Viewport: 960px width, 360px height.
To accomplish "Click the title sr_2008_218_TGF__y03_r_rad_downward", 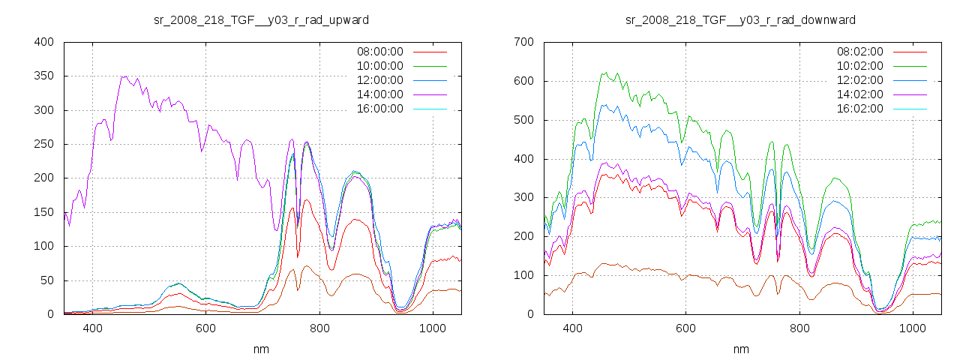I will pos(740,19).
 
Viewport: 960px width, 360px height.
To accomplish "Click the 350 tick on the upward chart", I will pos(43,76).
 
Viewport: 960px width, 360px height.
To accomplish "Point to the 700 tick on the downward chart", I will pos(523,42).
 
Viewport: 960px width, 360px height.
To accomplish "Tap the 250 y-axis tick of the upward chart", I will pos(43,144).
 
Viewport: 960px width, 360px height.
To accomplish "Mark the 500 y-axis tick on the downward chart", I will pos(523,120).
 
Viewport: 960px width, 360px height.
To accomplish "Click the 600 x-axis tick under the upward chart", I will pos(205,328).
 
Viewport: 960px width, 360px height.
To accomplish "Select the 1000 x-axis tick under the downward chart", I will pos(912,328).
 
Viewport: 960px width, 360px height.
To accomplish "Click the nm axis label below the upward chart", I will pos(262,349).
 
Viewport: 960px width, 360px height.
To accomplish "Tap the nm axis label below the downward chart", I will pos(741,349).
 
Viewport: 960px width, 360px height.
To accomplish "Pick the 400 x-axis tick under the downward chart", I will pos(572,328).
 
